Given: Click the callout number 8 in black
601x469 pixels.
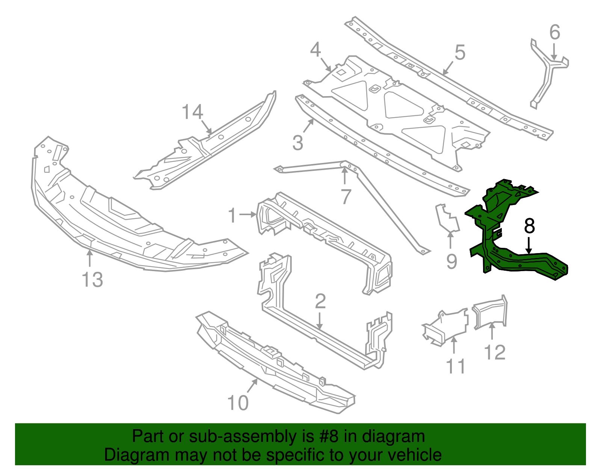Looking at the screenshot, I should coord(529,226).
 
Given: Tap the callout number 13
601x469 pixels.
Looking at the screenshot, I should coord(92,280).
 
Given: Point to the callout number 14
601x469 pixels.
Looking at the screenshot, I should coord(192,112).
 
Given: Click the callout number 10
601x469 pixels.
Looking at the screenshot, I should coord(238,403).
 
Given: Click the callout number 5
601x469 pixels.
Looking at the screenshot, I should coord(460,53).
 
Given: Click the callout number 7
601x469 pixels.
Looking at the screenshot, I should coord(346,196).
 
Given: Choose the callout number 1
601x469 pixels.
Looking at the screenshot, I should coord(233,216).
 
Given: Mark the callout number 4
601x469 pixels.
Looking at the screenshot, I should coord(316,50).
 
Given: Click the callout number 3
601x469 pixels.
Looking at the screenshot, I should coord(297,143).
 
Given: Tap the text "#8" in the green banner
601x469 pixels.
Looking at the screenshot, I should coord(329,437).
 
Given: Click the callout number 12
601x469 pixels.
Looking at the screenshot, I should coord(495,352).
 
